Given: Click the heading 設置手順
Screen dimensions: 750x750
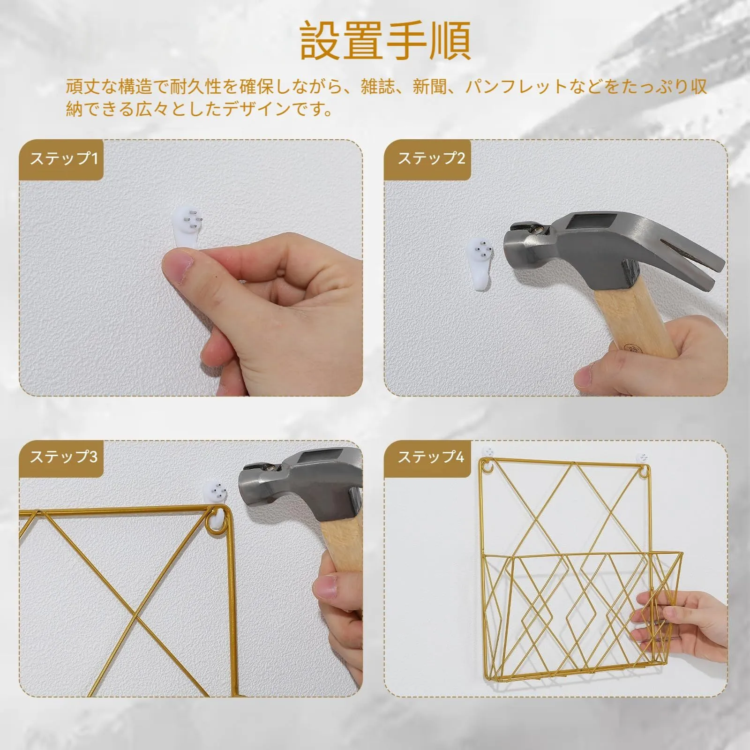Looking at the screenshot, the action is (385, 40).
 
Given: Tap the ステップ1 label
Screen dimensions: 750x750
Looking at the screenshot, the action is (64, 158).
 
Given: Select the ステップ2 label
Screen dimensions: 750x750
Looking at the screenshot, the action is (431, 158).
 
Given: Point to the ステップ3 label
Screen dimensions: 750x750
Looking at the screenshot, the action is (64, 457).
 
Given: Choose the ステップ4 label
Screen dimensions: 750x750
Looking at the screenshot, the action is (431, 457).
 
